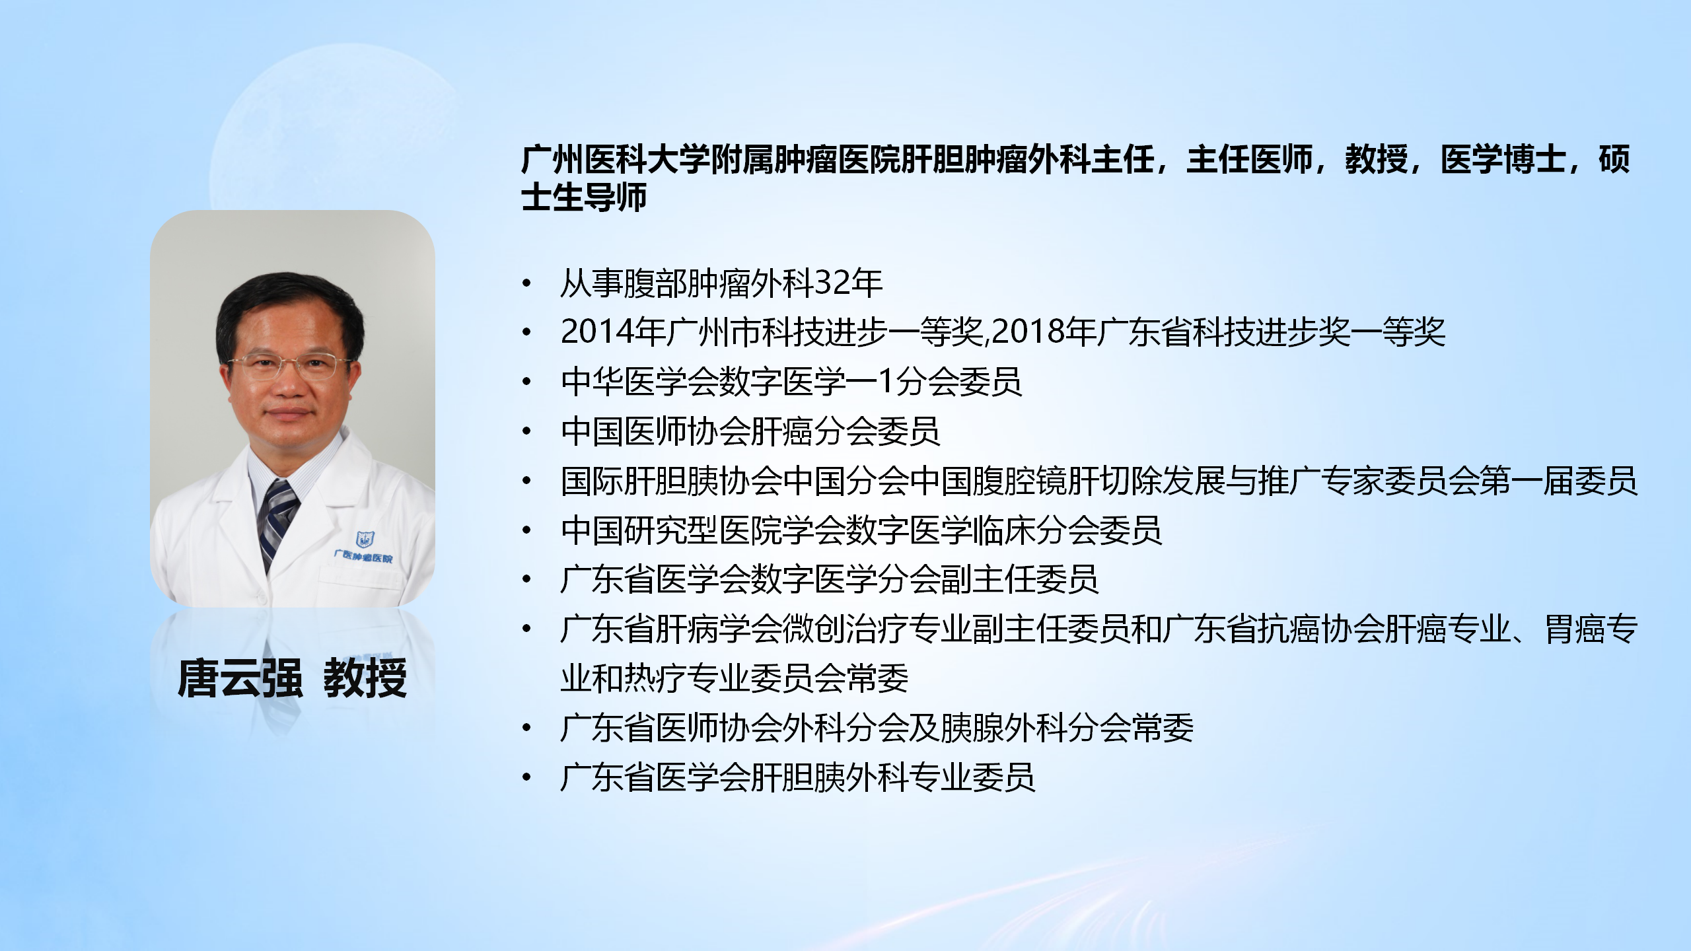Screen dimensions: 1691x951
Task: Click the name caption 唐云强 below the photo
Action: pyautogui.click(x=240, y=678)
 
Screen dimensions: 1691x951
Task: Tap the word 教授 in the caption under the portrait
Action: pyautogui.click(x=365, y=678)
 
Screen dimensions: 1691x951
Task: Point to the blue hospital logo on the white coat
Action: pyautogui.click(x=365, y=540)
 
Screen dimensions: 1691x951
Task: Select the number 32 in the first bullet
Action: pyautogui.click(x=832, y=283)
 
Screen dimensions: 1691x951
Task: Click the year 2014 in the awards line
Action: pyautogui.click(x=597, y=332)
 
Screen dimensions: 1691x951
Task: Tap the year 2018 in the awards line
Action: pyautogui.click(x=1028, y=332)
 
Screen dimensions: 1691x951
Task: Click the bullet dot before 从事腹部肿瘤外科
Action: pyautogui.click(x=526, y=284)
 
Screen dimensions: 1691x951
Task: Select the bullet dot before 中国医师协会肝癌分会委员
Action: pyautogui.click(x=526, y=432)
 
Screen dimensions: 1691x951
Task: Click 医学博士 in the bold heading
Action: pyautogui.click(x=1503, y=160)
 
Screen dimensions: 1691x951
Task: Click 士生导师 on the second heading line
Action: pyautogui.click(x=585, y=197)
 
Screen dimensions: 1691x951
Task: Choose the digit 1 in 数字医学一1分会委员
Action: pyautogui.click(x=886, y=382)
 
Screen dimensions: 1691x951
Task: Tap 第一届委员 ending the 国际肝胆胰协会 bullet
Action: pyautogui.click(x=1559, y=481)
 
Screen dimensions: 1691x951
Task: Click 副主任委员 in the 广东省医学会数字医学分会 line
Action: pyautogui.click(x=1020, y=579)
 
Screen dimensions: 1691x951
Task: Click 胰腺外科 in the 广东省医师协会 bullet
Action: pyautogui.click(x=1004, y=728)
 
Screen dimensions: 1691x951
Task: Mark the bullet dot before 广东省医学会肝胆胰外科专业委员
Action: pyautogui.click(x=526, y=778)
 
